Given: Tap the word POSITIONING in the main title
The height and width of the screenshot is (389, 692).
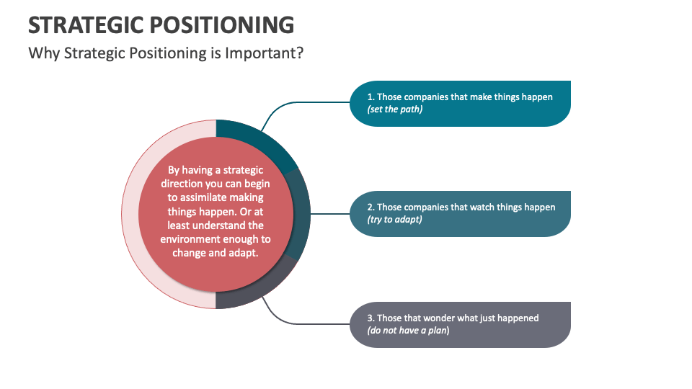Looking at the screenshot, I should click(223, 24).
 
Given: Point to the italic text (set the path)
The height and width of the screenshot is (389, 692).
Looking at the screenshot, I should click(395, 109).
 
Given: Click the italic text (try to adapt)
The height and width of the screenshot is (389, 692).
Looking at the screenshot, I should click(395, 219).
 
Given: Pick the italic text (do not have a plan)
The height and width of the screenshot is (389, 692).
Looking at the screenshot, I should click(408, 330).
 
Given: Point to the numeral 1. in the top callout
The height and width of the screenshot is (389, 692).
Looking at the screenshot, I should click(371, 97).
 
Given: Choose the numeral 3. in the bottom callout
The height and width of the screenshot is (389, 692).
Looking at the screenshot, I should click(371, 318).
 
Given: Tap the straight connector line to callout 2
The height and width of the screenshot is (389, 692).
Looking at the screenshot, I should click(329, 213).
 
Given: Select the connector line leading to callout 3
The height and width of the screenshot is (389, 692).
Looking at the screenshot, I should click(303, 323).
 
